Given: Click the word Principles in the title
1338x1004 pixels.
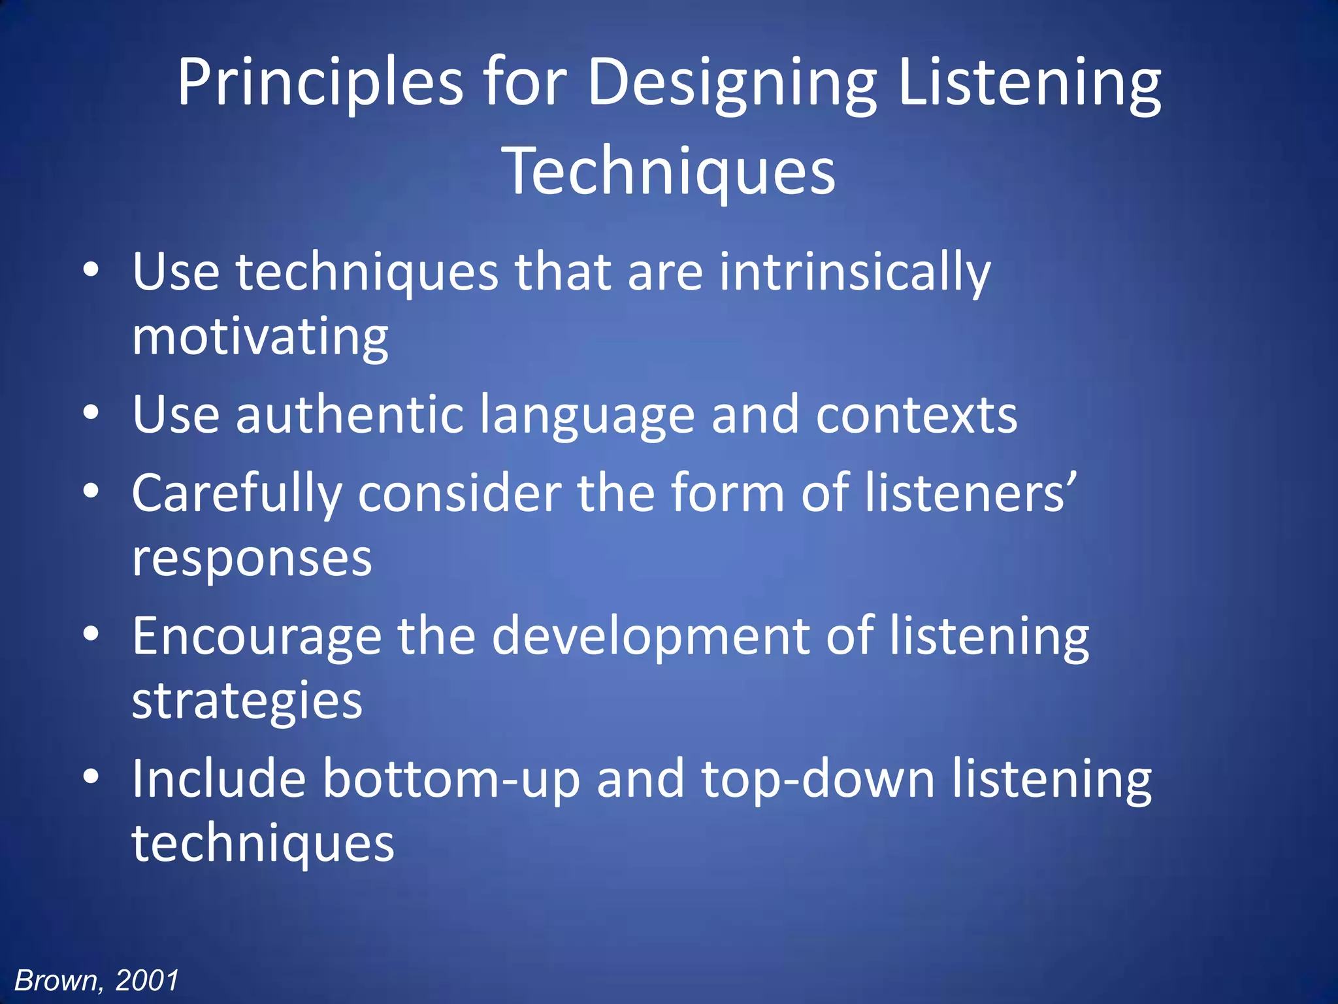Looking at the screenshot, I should click(320, 83).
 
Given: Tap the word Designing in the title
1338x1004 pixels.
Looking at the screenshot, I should click(732, 83).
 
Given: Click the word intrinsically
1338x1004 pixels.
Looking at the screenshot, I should click(855, 272).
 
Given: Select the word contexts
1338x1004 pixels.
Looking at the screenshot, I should click(916, 414).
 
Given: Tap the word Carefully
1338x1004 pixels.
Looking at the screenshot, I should click(237, 494).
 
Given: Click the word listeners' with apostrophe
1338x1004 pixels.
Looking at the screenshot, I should click(970, 494).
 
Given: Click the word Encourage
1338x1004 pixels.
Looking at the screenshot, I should click(256, 635).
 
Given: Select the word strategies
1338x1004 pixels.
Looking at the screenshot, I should click(247, 701).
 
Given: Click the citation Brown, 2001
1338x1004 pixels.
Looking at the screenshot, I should click(97, 980).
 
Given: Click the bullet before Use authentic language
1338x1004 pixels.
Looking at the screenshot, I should click(91, 413).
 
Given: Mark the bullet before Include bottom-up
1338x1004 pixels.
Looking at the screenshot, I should click(91, 777).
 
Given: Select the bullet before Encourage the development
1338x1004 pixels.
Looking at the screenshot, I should click(91, 633).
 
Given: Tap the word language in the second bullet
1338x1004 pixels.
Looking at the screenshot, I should click(587, 416).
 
